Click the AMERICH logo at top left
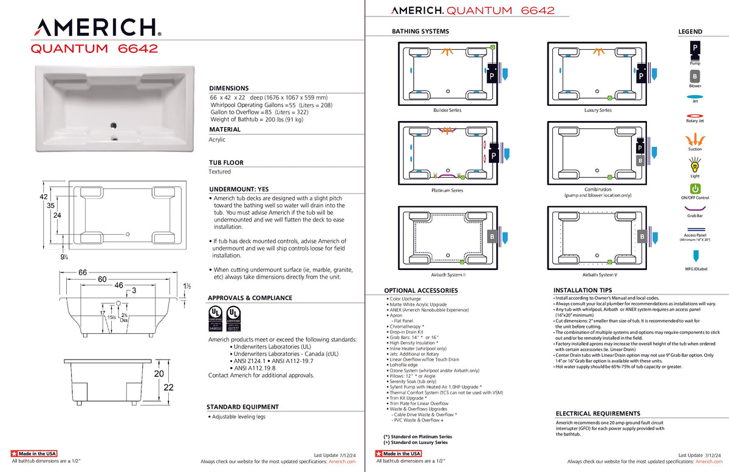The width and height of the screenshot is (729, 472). pos(98,28)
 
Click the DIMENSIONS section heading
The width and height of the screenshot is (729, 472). pos(229,88)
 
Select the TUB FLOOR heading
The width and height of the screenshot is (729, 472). pos(226,163)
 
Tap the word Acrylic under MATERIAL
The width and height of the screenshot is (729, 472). pos(217,139)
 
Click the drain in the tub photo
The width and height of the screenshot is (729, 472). pos(113,125)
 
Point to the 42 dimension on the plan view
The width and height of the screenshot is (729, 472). pos(43,197)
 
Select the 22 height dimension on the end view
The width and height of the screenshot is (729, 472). pos(169,387)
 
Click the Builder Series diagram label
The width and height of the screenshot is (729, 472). pos(447,110)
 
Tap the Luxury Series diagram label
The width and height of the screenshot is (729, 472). pos(597,110)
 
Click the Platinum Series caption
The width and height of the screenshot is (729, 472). pos(447,190)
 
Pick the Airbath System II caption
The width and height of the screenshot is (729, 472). pos(447,275)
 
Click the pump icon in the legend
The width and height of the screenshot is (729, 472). pos(694,49)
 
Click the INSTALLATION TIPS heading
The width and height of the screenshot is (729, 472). pos(583,290)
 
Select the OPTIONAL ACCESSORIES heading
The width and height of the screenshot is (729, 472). pos(420,291)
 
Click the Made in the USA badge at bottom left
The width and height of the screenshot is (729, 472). pos(34,454)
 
